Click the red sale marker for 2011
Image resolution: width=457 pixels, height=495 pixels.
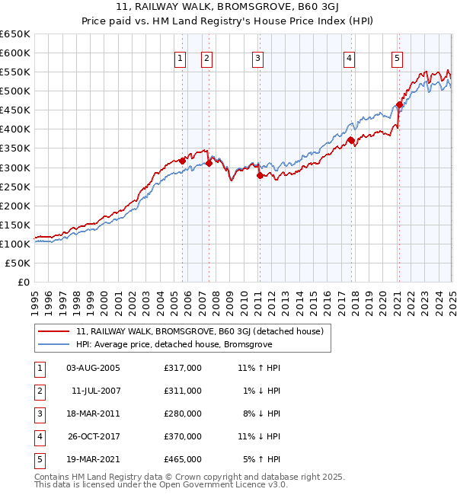click(x=260, y=175)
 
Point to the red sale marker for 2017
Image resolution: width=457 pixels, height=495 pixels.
click(x=350, y=140)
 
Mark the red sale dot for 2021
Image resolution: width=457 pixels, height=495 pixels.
click(x=399, y=104)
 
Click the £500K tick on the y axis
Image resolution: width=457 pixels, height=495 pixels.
click(x=15, y=91)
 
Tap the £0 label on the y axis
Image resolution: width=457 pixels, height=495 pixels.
click(x=23, y=282)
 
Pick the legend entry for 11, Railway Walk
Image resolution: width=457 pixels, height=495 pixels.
click(x=200, y=331)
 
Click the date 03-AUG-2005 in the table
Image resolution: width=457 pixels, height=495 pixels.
click(x=94, y=368)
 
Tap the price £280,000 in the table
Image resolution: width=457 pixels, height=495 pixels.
click(x=183, y=414)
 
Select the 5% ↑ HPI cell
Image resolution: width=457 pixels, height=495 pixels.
click(x=262, y=459)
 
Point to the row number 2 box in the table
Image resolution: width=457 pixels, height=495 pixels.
click(x=39, y=391)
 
